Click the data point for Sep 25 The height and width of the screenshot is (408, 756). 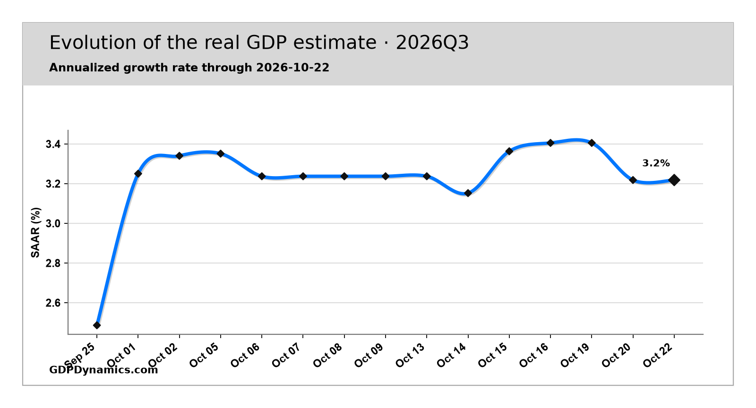click(x=97, y=325)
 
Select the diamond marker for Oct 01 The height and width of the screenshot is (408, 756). click(x=138, y=174)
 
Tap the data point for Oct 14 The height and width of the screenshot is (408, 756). click(x=468, y=193)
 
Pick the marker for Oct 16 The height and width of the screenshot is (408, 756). click(x=550, y=143)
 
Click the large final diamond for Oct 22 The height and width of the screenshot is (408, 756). click(x=674, y=180)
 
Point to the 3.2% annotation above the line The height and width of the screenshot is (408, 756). click(x=656, y=163)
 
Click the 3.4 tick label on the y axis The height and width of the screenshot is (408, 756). click(x=53, y=144)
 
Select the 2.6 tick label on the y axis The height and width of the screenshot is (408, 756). click(x=53, y=303)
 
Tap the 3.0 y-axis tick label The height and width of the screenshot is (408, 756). click(x=53, y=223)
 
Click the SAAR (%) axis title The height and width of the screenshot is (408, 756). click(x=35, y=232)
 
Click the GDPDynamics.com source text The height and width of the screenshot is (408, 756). click(x=103, y=370)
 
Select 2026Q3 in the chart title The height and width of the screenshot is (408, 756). click(x=432, y=43)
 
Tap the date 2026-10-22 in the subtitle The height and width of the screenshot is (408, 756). click(x=292, y=68)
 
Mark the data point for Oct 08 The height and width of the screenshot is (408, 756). click(x=344, y=176)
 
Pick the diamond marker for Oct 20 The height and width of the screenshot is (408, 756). click(x=633, y=180)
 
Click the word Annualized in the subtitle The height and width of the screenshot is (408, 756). click(x=85, y=68)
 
